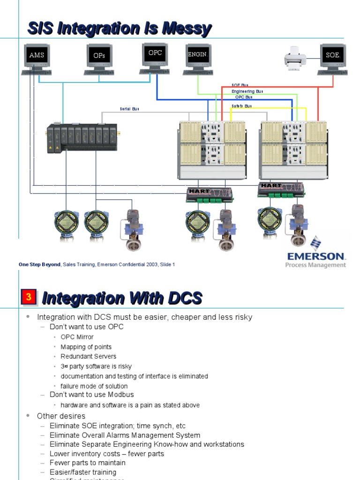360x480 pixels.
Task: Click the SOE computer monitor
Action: (x=333, y=55)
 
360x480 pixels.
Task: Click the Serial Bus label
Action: (x=129, y=109)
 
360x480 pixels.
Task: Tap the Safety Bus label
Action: (x=241, y=106)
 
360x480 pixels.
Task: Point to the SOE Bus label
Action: (x=240, y=85)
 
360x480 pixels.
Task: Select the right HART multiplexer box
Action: (x=281, y=189)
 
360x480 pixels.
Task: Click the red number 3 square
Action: (x=29, y=297)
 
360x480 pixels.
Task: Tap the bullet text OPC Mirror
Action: (x=77, y=337)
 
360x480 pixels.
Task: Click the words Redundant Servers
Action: (x=88, y=356)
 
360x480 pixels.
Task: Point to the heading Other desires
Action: (x=61, y=416)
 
